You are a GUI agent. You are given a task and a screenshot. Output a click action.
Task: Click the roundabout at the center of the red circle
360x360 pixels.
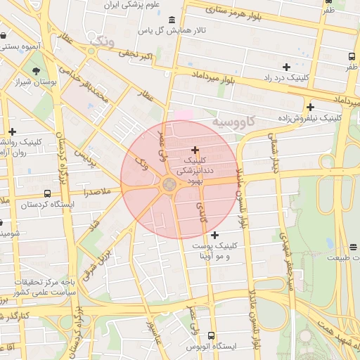tap(169, 185)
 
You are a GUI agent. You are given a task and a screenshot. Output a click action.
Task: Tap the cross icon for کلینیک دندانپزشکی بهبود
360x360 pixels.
tap(195, 150)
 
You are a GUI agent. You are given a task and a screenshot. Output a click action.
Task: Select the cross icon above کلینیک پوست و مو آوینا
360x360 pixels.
tap(214, 235)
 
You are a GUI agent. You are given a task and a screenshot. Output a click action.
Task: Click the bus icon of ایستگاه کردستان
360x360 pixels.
tap(47, 193)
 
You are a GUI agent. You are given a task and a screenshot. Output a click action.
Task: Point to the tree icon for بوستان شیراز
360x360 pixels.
tap(36, 70)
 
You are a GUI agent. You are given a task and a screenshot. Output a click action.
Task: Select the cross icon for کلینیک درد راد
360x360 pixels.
tap(285, 66)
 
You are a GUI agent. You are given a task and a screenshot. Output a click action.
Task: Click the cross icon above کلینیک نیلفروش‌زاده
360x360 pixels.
tap(309, 107)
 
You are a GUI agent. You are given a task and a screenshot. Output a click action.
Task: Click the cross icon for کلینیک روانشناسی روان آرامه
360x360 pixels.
tap(12, 131)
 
